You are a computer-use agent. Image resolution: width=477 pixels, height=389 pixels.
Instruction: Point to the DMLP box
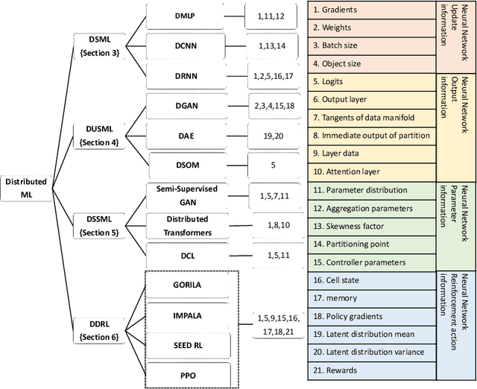(x=183, y=14)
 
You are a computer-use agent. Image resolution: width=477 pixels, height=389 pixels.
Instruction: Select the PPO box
(x=187, y=374)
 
